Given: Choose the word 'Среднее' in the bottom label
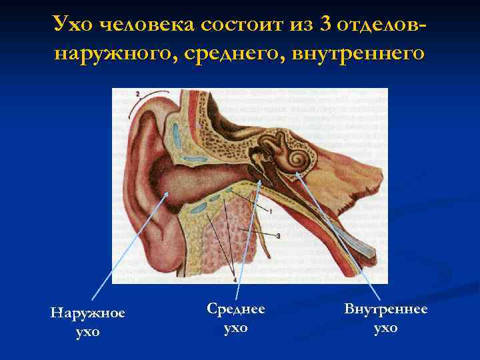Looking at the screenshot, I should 236,309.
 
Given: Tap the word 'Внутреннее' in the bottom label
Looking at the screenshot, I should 385,309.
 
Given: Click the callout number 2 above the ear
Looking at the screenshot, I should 138,94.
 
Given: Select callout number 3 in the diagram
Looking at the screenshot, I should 277,235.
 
